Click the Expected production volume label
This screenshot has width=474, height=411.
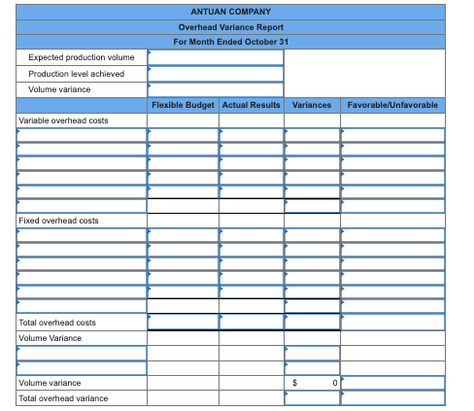point(81,57)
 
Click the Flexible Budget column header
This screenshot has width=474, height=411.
point(183,104)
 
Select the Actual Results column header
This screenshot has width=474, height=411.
point(251,104)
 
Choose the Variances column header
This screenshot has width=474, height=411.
point(311,104)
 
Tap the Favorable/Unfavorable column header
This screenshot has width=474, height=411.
point(391,104)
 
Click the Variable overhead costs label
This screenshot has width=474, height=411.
point(64,120)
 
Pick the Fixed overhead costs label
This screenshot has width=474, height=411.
point(59,221)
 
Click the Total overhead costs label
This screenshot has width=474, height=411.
point(57,322)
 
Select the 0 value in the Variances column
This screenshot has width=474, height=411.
point(333,383)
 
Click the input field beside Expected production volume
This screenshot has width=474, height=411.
point(216,57)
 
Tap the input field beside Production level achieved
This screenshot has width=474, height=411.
point(216,73)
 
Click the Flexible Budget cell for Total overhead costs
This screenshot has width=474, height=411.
point(183,322)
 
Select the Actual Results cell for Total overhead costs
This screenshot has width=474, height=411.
point(251,322)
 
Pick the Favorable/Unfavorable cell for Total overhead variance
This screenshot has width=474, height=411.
point(393,398)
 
